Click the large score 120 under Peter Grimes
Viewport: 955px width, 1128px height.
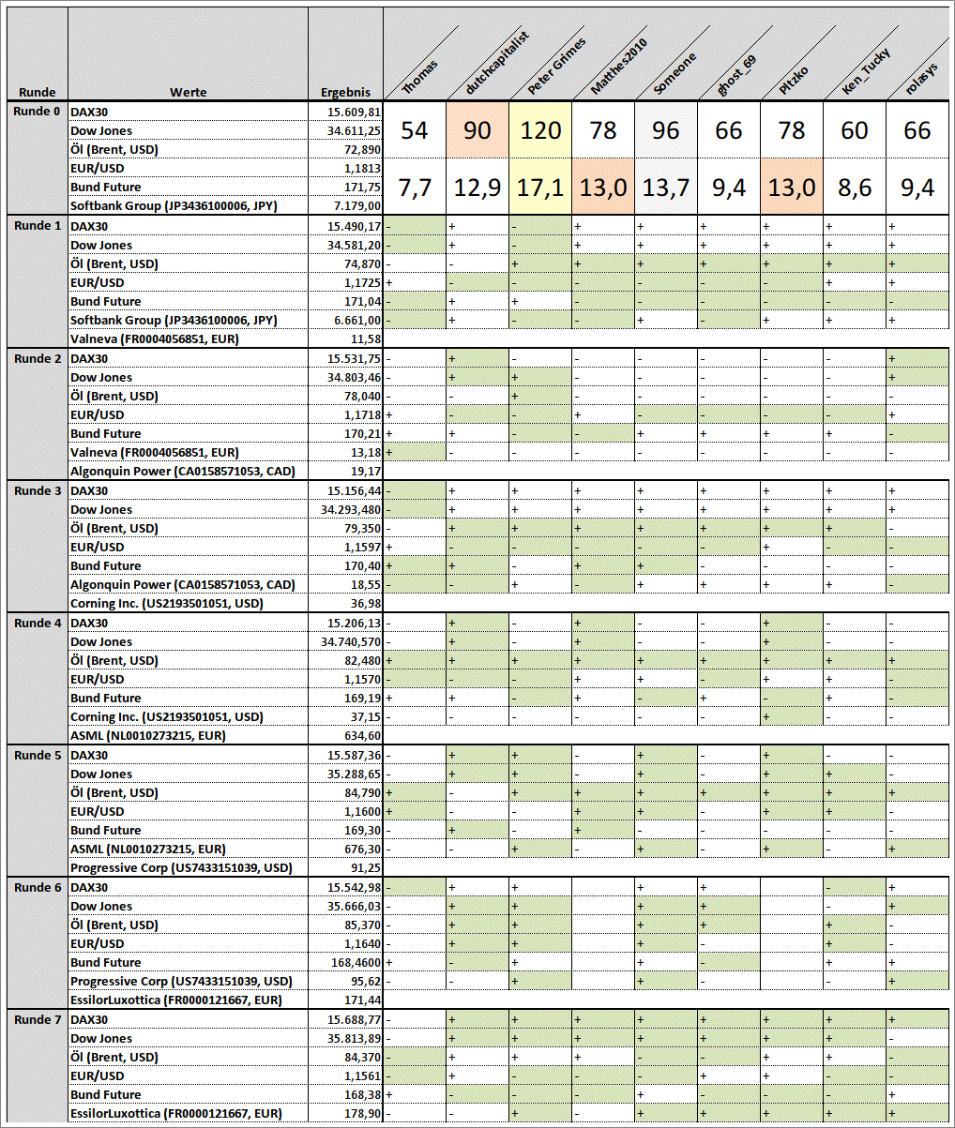(540, 129)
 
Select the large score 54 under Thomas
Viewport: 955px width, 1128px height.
(415, 129)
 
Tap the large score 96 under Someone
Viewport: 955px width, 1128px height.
(665, 129)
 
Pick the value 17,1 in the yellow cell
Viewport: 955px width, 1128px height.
(540, 188)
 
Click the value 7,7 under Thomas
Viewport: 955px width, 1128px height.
(415, 188)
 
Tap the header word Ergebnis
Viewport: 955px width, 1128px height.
(345, 93)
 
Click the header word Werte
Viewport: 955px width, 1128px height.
(188, 93)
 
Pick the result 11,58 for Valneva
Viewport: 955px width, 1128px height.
(365, 338)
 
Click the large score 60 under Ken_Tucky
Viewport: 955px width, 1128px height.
(855, 129)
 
